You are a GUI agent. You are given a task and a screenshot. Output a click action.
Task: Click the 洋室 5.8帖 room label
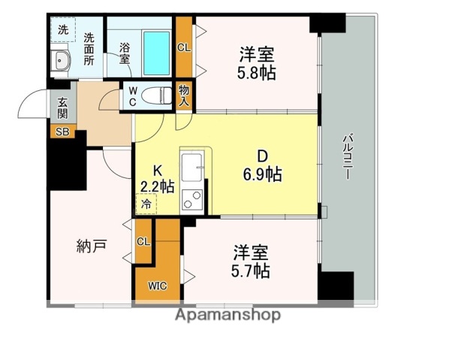(x=256, y=63)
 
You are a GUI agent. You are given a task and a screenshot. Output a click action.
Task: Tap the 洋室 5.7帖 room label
(x=251, y=262)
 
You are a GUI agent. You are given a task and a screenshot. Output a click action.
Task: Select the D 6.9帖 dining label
(x=262, y=166)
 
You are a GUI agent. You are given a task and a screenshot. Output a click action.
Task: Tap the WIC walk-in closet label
(x=157, y=286)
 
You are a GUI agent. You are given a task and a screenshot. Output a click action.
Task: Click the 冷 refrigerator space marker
(x=146, y=203)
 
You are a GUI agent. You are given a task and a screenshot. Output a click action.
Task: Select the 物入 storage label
(x=184, y=95)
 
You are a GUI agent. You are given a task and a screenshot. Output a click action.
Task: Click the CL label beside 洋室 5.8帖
(x=184, y=47)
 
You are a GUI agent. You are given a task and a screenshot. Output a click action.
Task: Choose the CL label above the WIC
(x=143, y=241)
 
